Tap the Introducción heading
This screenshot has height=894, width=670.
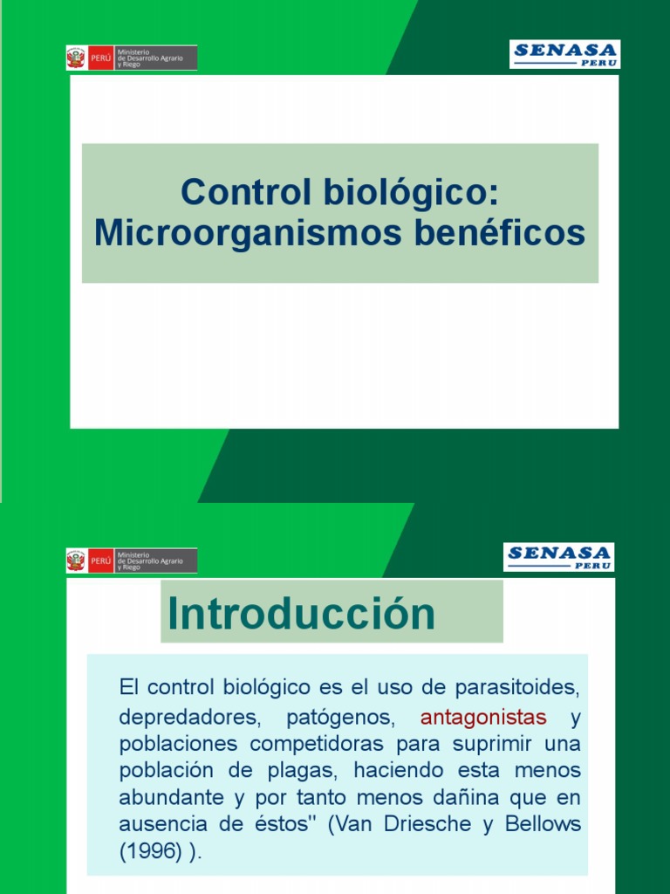pyautogui.click(x=301, y=613)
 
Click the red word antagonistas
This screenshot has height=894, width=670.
pyautogui.click(x=483, y=718)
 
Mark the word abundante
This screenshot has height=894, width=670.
pyautogui.click(x=171, y=799)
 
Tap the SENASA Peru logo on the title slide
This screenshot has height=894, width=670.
pyautogui.click(x=564, y=54)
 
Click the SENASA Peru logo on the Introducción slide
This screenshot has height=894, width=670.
pyautogui.click(x=558, y=557)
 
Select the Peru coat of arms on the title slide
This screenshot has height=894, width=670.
pyautogui.click(x=77, y=58)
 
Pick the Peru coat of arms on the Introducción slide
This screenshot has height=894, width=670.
pyautogui.click(x=77, y=560)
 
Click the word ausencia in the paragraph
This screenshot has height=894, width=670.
pyautogui.click(x=161, y=825)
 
